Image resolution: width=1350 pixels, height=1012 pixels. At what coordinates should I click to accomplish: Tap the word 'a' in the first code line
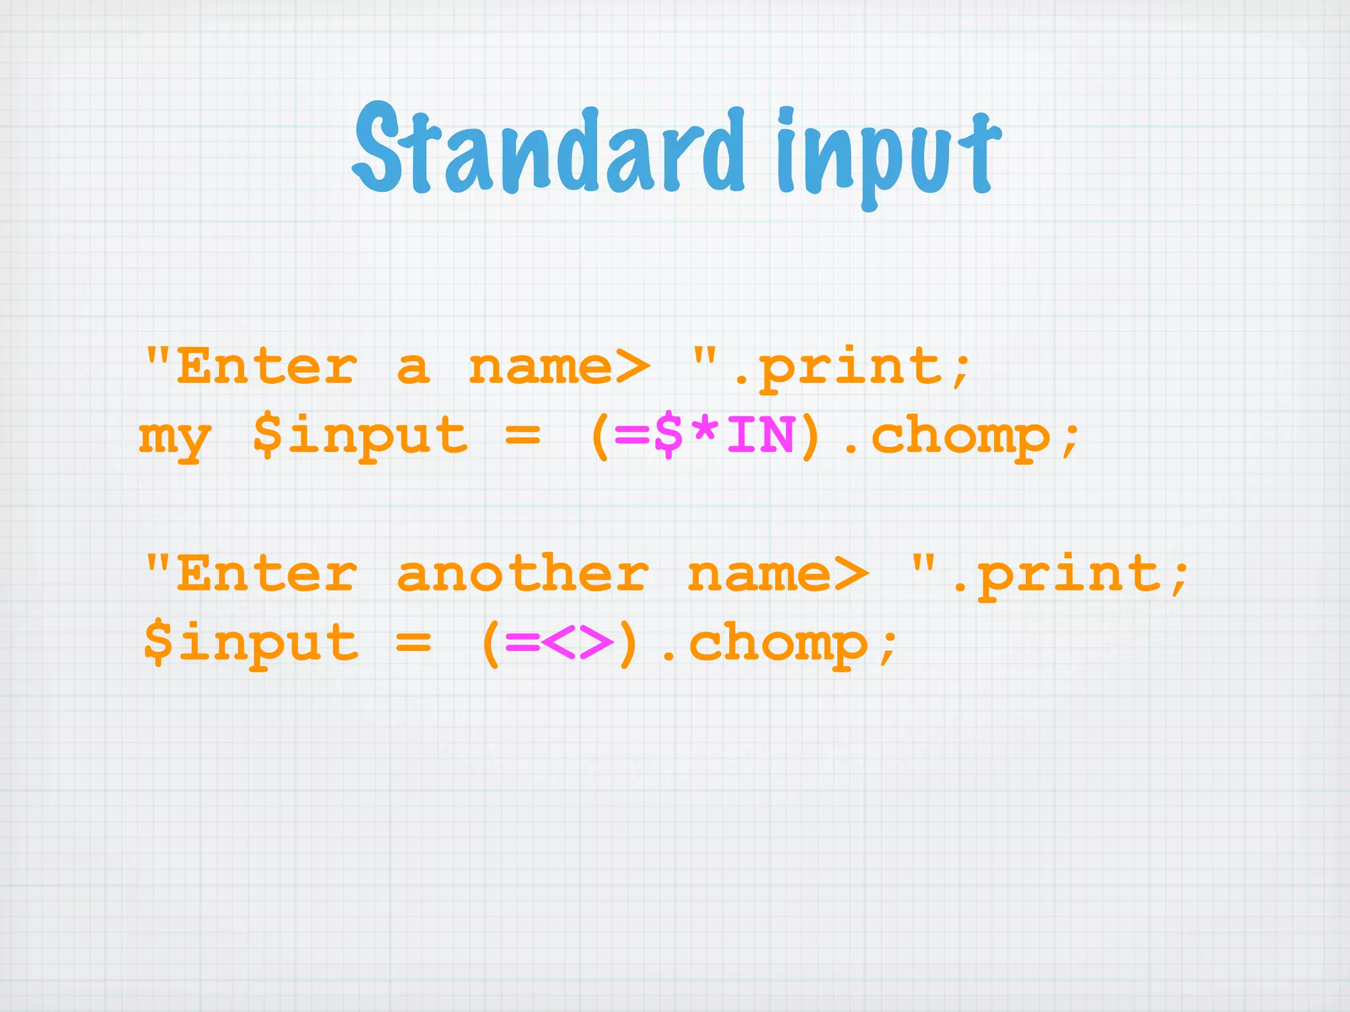[413, 368]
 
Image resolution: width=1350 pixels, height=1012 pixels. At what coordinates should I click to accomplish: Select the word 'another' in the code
[523, 574]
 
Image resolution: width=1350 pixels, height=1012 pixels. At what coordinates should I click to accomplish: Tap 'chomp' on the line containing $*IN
[960, 437]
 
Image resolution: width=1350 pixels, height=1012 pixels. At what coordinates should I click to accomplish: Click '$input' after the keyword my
[360, 437]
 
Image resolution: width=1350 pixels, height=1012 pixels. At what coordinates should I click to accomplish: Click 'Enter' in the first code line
[267, 368]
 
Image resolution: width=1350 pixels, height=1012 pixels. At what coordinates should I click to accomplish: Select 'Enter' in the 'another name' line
[267, 574]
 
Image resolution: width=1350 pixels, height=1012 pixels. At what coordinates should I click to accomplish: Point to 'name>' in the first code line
[559, 368]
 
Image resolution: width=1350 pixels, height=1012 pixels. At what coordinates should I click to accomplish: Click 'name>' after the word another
[778, 574]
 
